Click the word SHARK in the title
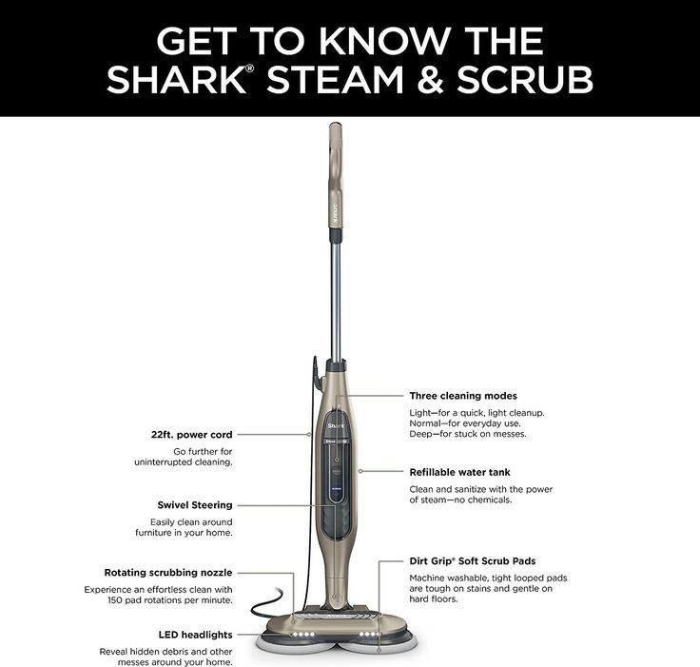[176, 79]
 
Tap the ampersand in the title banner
[430, 79]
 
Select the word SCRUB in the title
[525, 79]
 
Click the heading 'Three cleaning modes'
[463, 396]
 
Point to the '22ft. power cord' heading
[191, 435]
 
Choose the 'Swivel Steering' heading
[195, 505]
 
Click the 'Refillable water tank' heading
[459, 472]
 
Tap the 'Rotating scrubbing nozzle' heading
[168, 573]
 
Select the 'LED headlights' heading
[196, 635]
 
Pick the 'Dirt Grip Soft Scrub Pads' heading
[473, 561]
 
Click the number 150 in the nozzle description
[114, 600]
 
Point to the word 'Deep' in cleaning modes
[419, 434]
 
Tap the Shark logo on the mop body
[336, 425]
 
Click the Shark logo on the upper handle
[336, 214]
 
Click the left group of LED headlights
[302, 635]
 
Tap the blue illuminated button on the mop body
[336, 489]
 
